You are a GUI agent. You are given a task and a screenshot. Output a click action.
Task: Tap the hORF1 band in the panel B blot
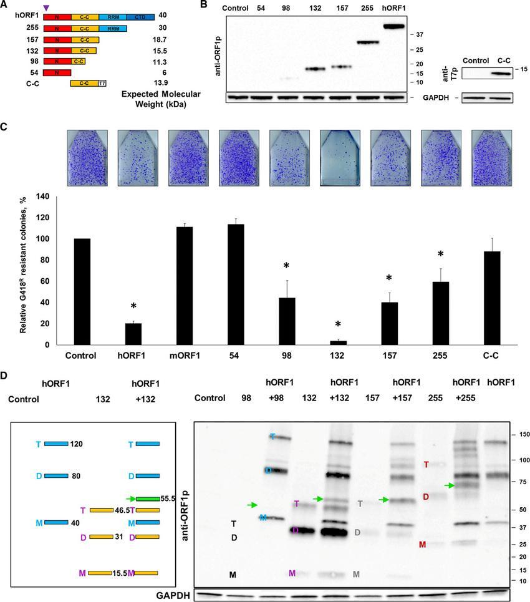394,26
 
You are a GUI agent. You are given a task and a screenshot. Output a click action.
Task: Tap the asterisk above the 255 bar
440,255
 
